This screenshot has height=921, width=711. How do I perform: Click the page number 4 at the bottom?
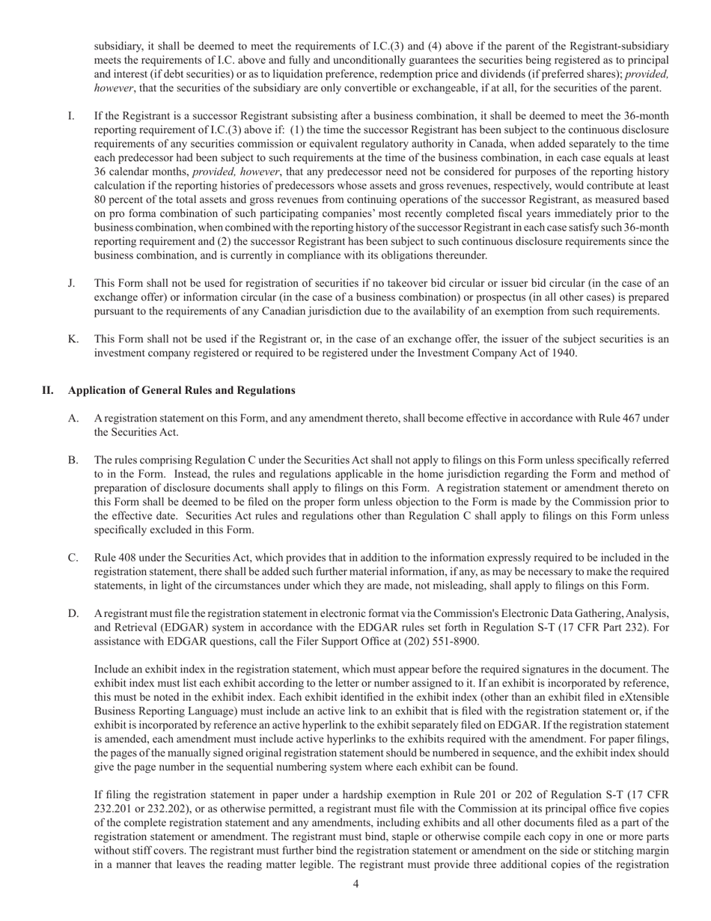(355, 884)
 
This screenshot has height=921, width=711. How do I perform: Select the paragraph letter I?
(71, 116)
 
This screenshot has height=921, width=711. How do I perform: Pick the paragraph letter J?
(71, 283)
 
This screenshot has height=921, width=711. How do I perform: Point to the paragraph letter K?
(73, 339)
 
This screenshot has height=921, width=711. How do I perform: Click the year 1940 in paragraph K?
(563, 353)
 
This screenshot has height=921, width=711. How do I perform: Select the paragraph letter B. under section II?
(73, 460)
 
